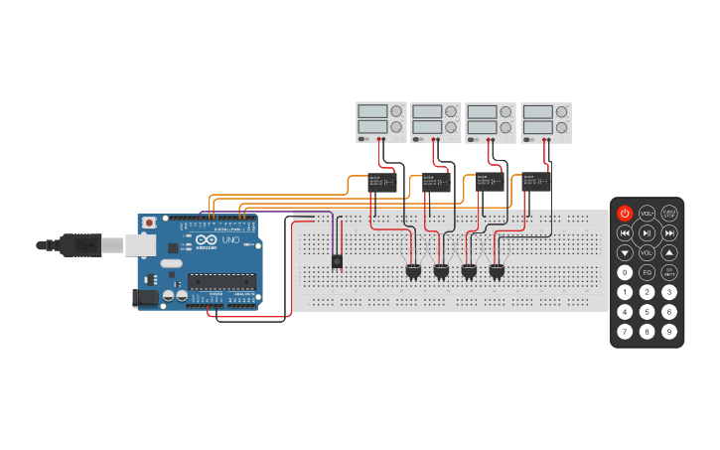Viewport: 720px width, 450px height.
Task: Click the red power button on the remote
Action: pyautogui.click(x=625, y=214)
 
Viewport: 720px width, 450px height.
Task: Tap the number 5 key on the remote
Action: pyautogui.click(x=647, y=311)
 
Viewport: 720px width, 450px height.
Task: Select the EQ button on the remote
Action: pyautogui.click(x=647, y=272)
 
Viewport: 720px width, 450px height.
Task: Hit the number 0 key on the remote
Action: pyautogui.click(x=625, y=272)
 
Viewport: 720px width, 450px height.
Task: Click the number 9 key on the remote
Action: pyautogui.click(x=669, y=331)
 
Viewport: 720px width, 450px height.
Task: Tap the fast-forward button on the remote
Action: pyautogui.click(x=669, y=233)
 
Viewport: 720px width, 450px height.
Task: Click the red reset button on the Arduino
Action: pyautogui.click(x=149, y=223)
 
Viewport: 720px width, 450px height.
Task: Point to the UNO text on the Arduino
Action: pyautogui.click(x=229, y=240)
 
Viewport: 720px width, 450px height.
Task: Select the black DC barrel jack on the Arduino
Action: pyautogui.click(x=146, y=296)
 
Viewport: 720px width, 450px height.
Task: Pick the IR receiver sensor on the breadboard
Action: pyautogui.click(x=337, y=261)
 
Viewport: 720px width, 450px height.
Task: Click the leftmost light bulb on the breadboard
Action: pyautogui.click(x=413, y=270)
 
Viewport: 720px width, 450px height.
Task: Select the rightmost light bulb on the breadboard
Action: pyautogui.click(x=497, y=270)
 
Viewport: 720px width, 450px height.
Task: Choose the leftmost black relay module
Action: pyautogui.click(x=381, y=182)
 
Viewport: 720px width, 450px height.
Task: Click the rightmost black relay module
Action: pyautogui.click(x=536, y=182)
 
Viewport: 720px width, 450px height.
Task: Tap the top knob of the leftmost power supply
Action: pyautogui.click(x=396, y=111)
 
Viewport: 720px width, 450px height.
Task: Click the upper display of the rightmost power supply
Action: pyautogui.click(x=537, y=111)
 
